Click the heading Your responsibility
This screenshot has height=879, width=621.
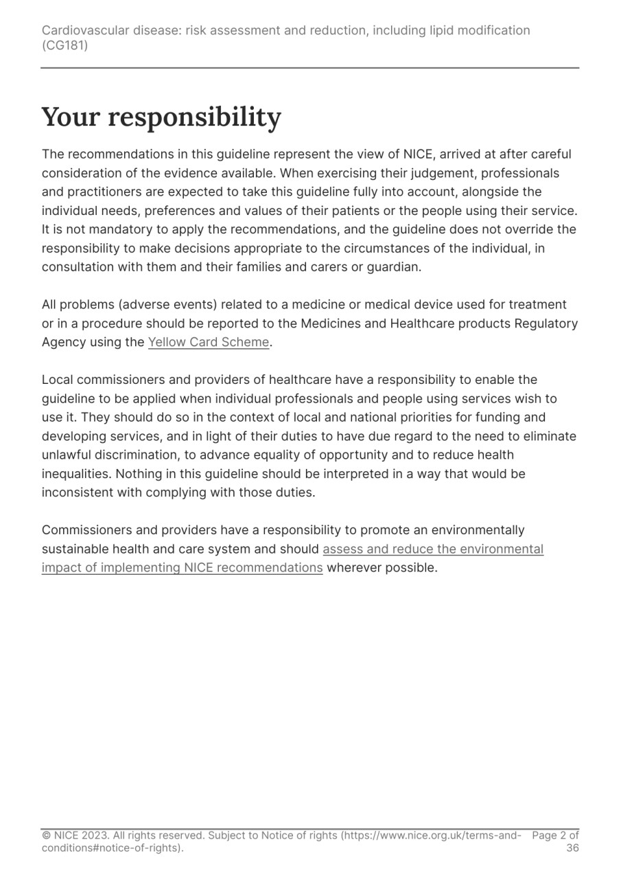[161, 117]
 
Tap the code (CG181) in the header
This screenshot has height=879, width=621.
[65, 46]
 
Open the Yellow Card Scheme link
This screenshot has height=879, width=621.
[209, 342]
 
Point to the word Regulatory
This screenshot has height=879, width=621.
[546, 323]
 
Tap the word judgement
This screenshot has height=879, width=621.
[402, 173]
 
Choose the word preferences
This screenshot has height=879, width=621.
[185, 211]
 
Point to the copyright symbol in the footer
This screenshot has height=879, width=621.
[46, 836]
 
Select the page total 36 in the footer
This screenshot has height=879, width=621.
[572, 848]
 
